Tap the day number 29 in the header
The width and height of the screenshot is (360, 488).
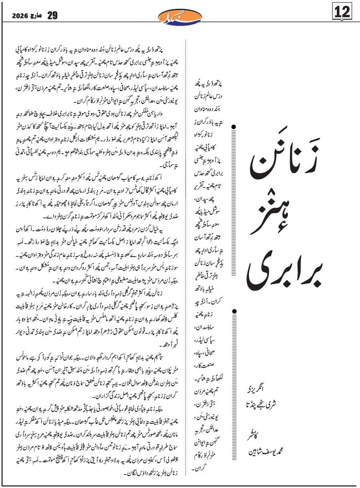tap(52, 16)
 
